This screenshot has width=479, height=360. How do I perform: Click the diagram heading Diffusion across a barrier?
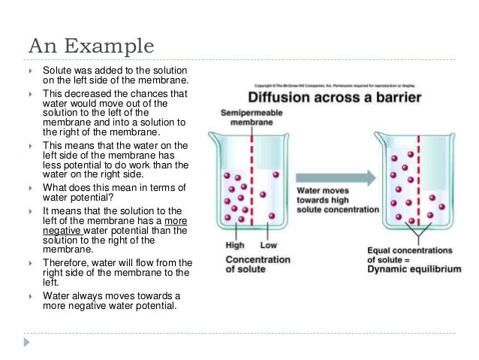click(334, 98)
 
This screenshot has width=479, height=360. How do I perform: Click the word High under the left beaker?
click(234, 245)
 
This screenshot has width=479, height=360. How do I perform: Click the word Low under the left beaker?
click(268, 245)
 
